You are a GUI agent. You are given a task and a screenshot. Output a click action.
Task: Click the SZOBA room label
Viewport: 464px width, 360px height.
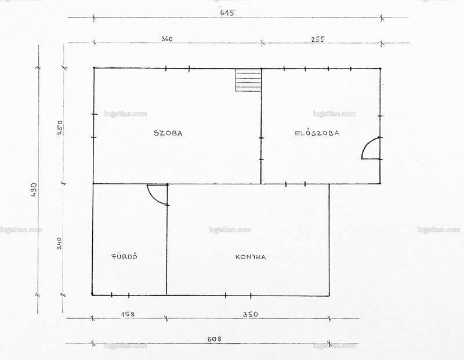click(168, 133)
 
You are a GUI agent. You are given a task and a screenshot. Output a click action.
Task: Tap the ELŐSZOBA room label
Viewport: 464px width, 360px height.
click(317, 133)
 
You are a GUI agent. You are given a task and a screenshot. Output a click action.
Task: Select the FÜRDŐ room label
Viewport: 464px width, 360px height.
click(124, 256)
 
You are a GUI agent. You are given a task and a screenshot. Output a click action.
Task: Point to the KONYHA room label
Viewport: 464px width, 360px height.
click(251, 257)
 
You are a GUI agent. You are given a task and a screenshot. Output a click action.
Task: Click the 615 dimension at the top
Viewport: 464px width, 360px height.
click(227, 13)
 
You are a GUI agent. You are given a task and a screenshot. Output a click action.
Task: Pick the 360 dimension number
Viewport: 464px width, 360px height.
click(167, 39)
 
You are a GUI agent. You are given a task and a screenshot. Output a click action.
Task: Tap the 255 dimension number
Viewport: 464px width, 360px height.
click(318, 39)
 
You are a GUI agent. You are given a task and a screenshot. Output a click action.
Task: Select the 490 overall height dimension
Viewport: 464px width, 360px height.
click(34, 190)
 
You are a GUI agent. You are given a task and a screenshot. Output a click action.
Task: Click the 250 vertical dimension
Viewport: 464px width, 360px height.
click(60, 128)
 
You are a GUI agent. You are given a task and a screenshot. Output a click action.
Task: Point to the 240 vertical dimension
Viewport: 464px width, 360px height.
click(59, 243)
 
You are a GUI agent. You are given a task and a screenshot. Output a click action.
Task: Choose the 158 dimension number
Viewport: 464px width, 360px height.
click(128, 314)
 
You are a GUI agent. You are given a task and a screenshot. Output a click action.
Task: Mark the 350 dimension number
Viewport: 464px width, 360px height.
click(251, 314)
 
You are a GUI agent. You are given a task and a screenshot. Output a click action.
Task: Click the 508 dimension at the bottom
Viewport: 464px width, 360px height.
click(214, 339)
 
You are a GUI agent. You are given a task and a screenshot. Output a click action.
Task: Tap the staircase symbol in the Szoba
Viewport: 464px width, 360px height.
click(248, 80)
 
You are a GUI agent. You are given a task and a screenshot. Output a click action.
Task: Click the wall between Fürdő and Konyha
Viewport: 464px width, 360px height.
click(166, 239)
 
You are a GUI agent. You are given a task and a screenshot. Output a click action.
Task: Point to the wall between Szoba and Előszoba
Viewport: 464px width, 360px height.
click(261, 126)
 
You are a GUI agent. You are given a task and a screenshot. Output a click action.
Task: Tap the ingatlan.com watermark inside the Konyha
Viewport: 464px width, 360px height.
click(230, 230)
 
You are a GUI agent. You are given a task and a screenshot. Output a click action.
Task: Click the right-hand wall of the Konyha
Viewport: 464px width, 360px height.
click(329, 239)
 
